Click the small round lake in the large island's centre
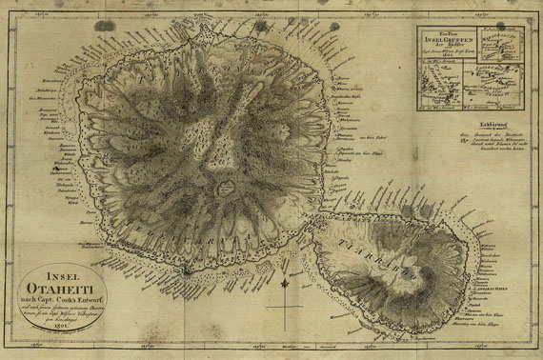click(x=228, y=187)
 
